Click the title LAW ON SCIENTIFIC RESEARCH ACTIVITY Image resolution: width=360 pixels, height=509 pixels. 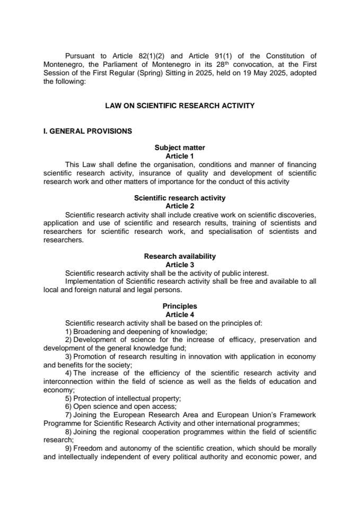pos(180,106)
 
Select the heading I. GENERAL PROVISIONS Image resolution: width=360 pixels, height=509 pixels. pos(87,131)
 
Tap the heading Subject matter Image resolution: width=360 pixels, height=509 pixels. pos(180,147)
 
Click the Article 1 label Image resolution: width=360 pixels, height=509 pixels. pos(180,156)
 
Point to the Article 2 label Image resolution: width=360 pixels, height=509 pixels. pos(180,206)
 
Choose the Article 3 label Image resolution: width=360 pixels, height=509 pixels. pos(180,265)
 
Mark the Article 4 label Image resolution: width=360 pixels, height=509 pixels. pos(180,314)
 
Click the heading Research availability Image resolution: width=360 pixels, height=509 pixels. pos(180,256)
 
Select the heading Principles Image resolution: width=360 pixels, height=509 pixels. pos(180,306)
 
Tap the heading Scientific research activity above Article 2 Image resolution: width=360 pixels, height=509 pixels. pos(180,198)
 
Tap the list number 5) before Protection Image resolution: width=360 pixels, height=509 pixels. pos(68,398)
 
